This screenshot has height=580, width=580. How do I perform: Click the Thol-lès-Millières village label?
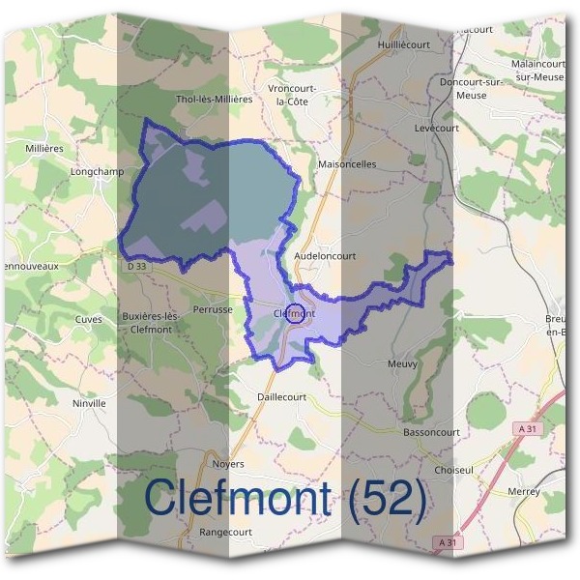pyautogui.click(x=214, y=99)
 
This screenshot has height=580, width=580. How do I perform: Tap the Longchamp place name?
pyautogui.click(x=98, y=172)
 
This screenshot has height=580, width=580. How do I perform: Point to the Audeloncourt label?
pyautogui.click(x=325, y=256)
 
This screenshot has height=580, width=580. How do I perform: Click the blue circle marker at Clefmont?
pyautogui.click(x=297, y=312)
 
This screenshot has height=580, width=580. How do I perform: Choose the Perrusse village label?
pyautogui.click(x=213, y=310)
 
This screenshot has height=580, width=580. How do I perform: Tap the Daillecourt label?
pyautogui.click(x=281, y=397)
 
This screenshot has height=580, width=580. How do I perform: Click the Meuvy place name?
pyautogui.click(x=402, y=364)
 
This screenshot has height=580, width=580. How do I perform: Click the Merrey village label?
pyautogui.click(x=523, y=491)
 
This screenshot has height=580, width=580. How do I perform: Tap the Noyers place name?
pyautogui.click(x=227, y=464)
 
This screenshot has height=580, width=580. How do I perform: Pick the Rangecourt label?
pyautogui.click(x=225, y=532)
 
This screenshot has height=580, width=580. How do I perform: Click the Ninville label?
pyautogui.click(x=88, y=403)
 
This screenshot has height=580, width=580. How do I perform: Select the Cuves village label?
pyautogui.click(x=88, y=319)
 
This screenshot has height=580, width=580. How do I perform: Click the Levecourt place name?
pyautogui.click(x=410, y=128)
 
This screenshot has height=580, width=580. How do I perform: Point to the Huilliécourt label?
pyautogui.click(x=404, y=43)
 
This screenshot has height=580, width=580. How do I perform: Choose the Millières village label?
pyautogui.click(x=45, y=148)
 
